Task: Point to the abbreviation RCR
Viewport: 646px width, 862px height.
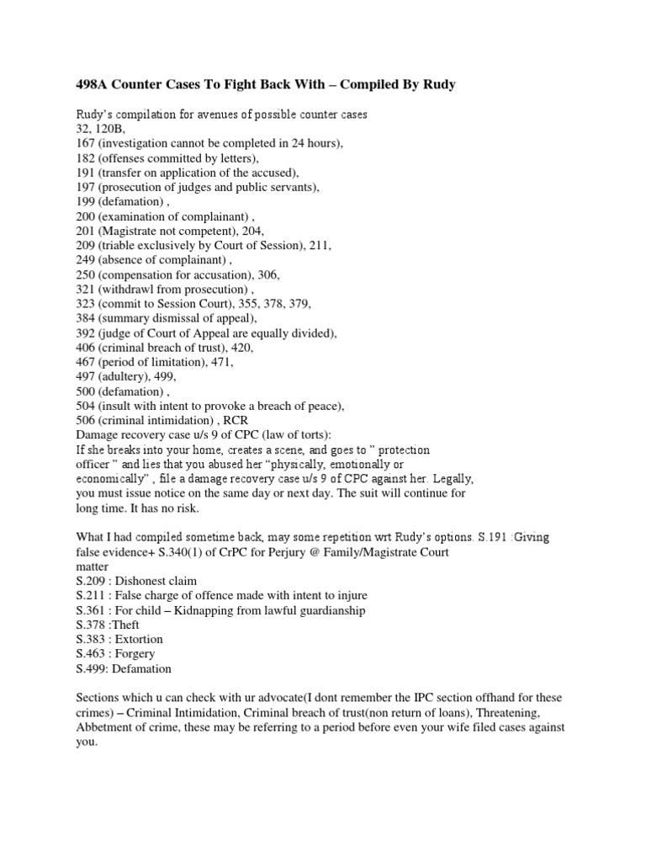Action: click(x=235, y=421)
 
